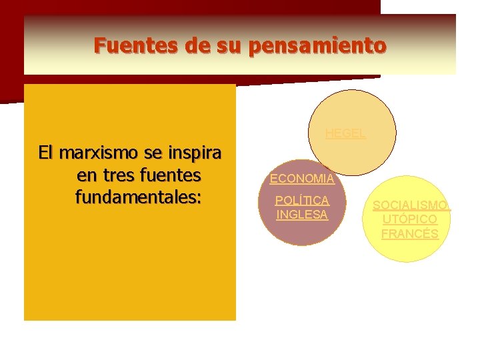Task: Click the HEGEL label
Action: pos(345,133)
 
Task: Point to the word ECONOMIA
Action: pos(302,179)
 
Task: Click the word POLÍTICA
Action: pos(302,201)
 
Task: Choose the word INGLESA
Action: pos(302,215)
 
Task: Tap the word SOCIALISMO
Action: pos(411,205)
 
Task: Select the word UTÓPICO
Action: pos(410,219)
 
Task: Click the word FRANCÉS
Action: pos(410,234)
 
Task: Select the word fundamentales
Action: pos(139,198)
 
